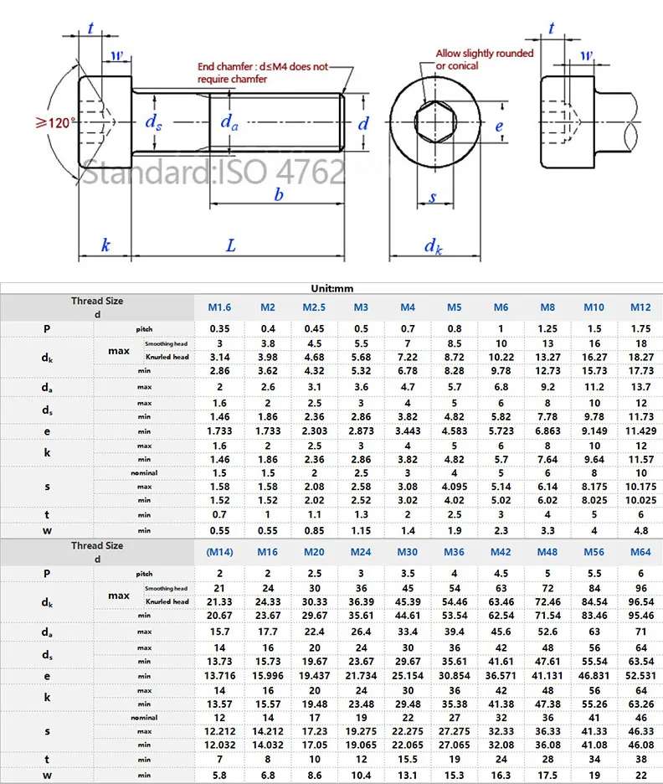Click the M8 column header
[x=547, y=307]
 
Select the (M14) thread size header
[x=220, y=552]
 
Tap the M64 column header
[x=640, y=552]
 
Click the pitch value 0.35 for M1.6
[x=220, y=328]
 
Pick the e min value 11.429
[x=640, y=431]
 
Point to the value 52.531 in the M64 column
[x=640, y=676]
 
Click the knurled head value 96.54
[x=640, y=602]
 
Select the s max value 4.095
[x=455, y=487]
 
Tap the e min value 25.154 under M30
[x=408, y=676]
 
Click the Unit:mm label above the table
[x=331, y=288]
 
